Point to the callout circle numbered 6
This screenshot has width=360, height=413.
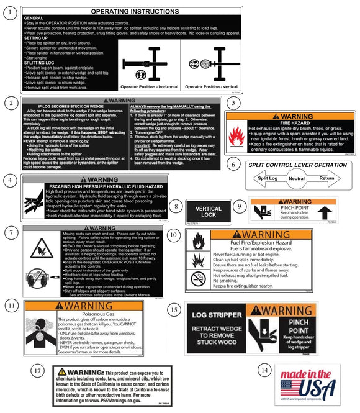[232, 165]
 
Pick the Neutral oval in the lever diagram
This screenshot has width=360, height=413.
[297, 178]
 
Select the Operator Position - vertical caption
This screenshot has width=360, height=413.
[213, 87]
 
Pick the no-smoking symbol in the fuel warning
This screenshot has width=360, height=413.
[199, 279]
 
